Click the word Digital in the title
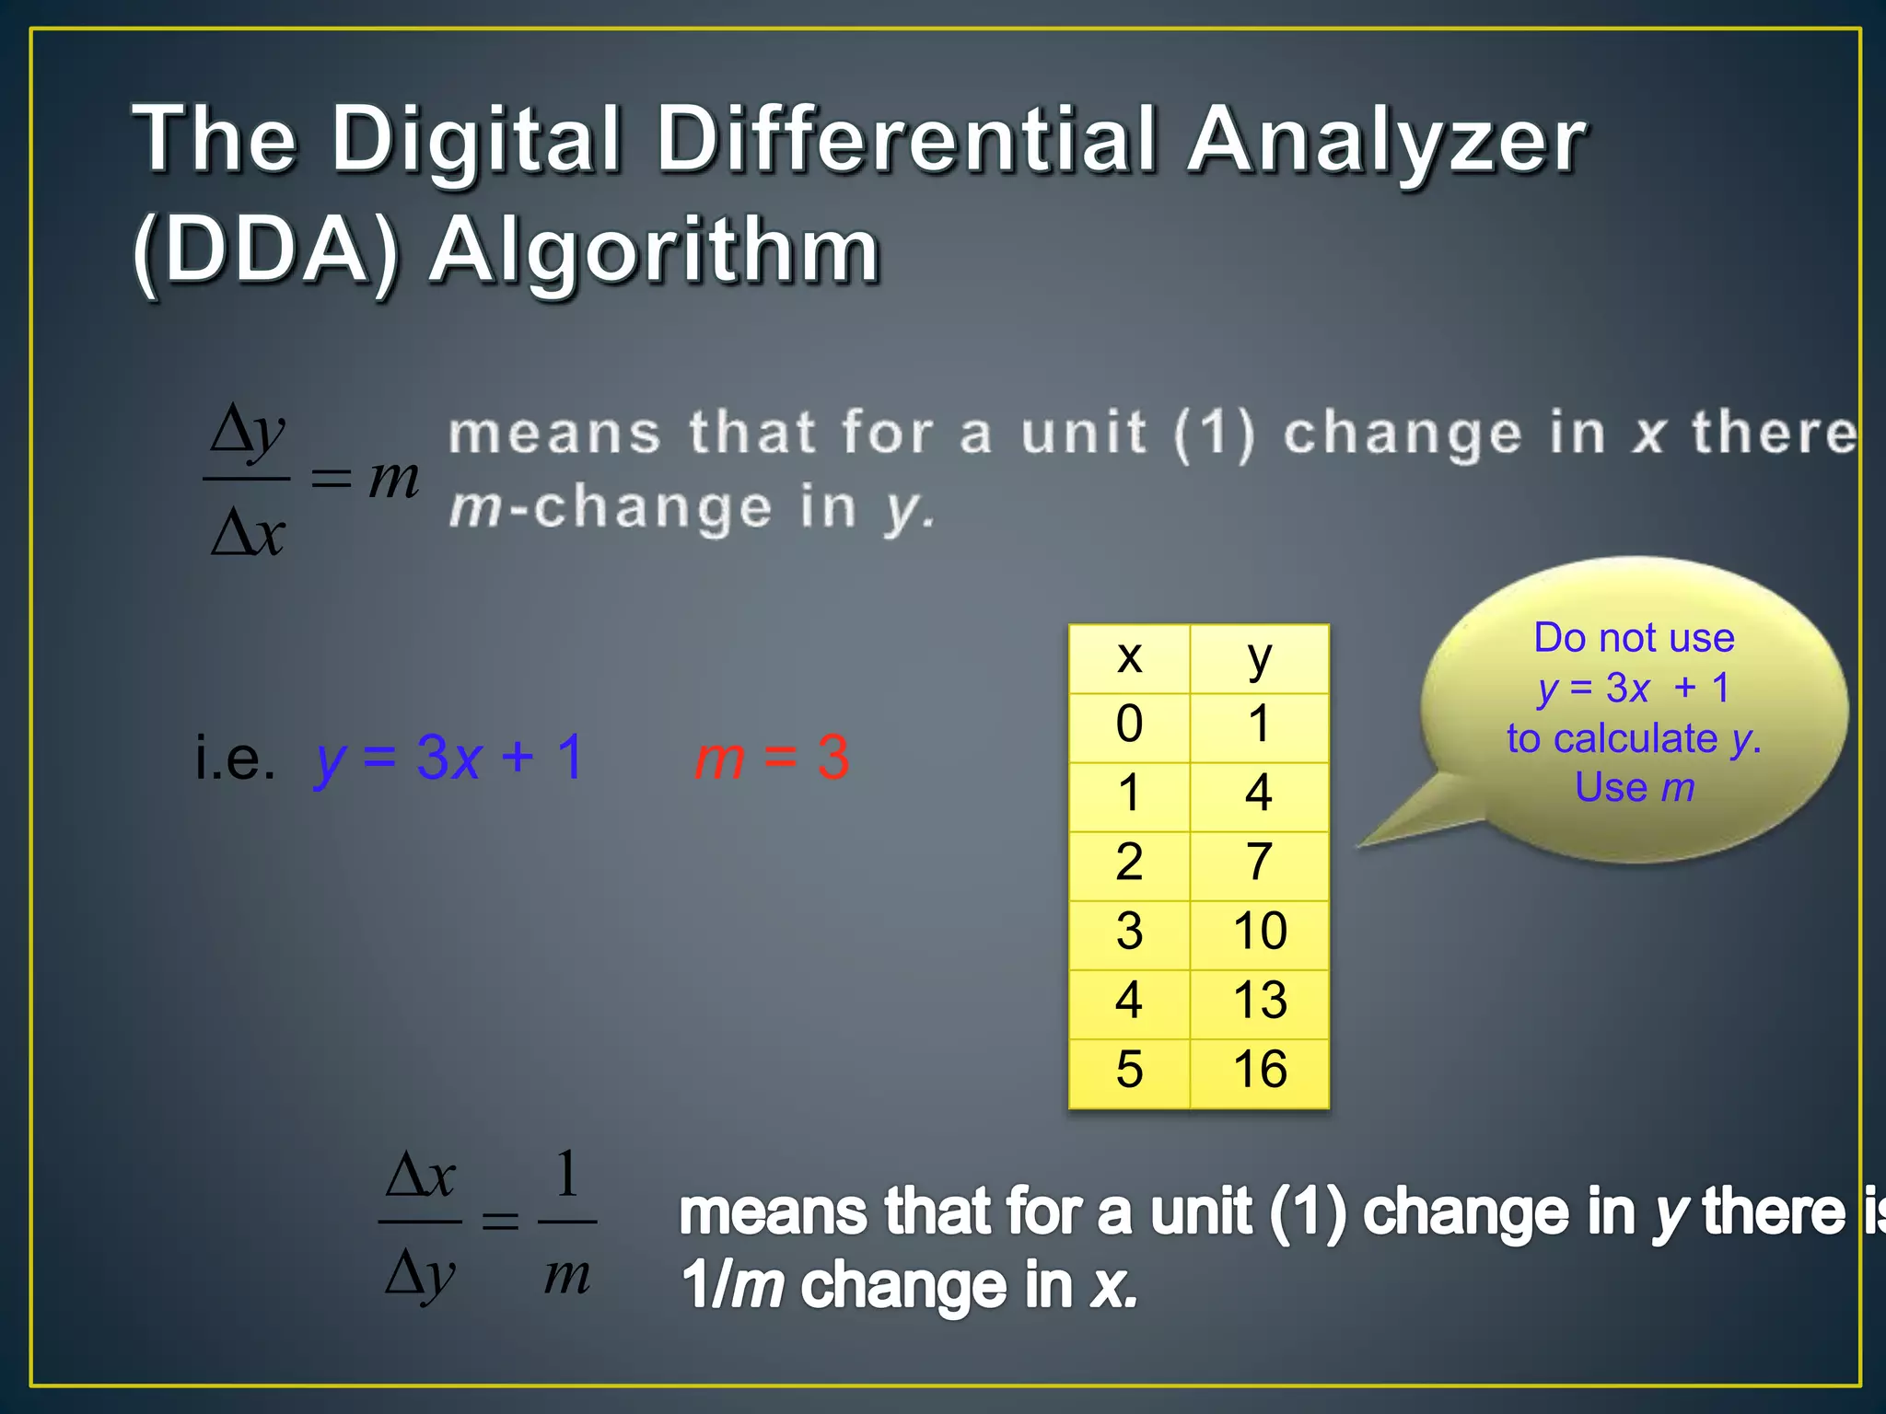coord(477,140)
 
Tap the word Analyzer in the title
coord(1387,140)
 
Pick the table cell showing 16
coord(1259,1070)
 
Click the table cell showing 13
coord(1259,1001)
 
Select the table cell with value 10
coord(1259,932)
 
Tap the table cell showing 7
coord(1259,863)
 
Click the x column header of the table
coord(1129,657)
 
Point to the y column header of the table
coord(1259,657)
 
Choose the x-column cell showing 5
coord(1129,1070)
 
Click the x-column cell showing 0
coord(1129,724)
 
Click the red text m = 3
coord(772,759)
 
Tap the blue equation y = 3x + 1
coord(449,759)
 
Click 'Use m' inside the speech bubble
coord(1634,788)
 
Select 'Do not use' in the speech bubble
coord(1634,638)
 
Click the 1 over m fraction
coord(566,1222)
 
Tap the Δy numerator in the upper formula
coord(247,431)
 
